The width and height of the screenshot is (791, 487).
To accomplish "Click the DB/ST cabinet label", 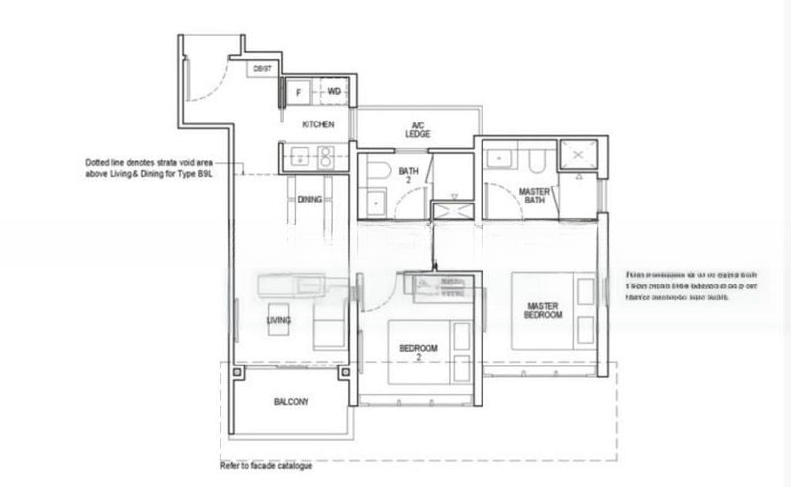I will [x=262, y=68].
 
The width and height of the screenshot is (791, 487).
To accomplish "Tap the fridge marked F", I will [x=297, y=92].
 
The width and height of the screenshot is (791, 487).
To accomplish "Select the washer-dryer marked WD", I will [x=334, y=92].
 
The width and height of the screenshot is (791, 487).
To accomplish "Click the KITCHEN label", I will [x=317, y=124].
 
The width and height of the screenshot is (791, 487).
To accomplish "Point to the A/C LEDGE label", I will [x=418, y=129].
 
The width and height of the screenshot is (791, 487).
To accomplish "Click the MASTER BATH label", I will [x=534, y=196].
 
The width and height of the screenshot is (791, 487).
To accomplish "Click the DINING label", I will [x=309, y=200].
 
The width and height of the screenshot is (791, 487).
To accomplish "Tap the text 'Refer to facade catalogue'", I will [x=266, y=465].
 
